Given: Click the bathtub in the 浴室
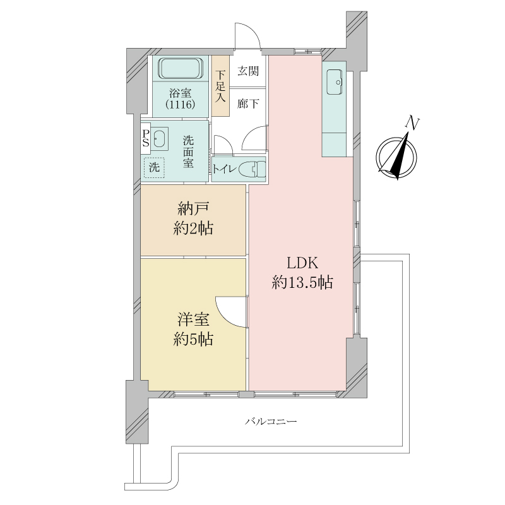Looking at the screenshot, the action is tap(181, 68).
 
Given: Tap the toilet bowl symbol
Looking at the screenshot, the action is tap(252, 169).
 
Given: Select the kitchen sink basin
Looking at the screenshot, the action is tap(335, 82).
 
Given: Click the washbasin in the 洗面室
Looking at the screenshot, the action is tap(160, 138).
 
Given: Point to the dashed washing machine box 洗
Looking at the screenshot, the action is tap(154, 167).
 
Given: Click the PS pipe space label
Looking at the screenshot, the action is tap(146, 138).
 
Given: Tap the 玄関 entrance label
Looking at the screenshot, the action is tap(248, 71).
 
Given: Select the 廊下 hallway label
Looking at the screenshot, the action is tap(248, 104).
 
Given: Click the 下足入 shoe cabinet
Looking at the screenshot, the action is tap(220, 86).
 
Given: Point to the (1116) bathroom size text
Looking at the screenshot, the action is tap(181, 104).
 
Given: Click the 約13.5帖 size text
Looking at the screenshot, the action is tap(302, 282).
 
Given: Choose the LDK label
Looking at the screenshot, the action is tap(302, 263).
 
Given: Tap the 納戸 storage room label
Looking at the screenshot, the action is tap(193, 209).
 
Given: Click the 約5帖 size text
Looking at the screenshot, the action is tap(193, 339).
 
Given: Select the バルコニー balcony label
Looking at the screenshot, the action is tap(271, 421).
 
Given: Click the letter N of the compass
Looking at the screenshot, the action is tap(412, 122).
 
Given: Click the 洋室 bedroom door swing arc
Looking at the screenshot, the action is tap(227, 316).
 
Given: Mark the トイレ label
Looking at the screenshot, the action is tap(225, 169).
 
